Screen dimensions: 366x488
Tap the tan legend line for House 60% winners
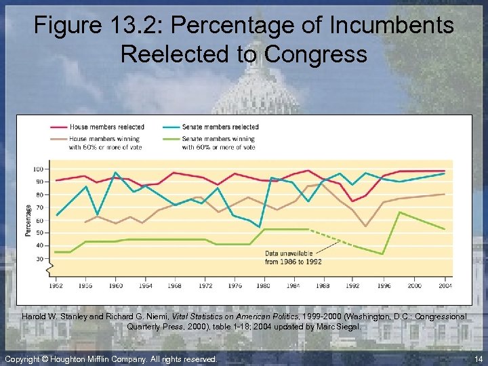58,139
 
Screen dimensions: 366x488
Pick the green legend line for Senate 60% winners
171,139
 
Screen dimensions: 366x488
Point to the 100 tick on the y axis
39,169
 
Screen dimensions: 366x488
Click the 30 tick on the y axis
40,258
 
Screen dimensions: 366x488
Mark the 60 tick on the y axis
40,220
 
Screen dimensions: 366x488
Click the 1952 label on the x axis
57,286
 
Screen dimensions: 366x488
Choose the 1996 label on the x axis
384,286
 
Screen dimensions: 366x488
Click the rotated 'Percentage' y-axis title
28,220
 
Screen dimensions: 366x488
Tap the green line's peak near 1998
399,212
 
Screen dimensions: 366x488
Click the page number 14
479,359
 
